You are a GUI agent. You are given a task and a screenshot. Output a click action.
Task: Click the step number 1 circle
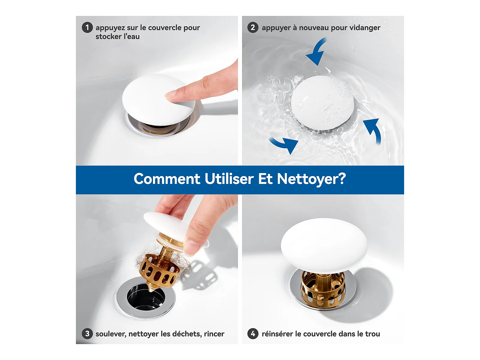(x=87, y=28)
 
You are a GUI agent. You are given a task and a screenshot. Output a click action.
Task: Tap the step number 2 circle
(x=253, y=28)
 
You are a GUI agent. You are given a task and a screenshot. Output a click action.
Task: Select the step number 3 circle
(x=87, y=334)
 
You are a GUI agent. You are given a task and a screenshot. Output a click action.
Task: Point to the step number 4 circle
(x=253, y=334)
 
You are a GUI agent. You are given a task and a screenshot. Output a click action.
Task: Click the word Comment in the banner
(x=167, y=179)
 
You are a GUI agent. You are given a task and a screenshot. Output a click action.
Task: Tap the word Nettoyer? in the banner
(x=311, y=179)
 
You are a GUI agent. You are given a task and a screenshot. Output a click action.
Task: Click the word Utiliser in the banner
(x=229, y=178)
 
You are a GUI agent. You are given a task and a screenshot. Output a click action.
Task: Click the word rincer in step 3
(x=214, y=334)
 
